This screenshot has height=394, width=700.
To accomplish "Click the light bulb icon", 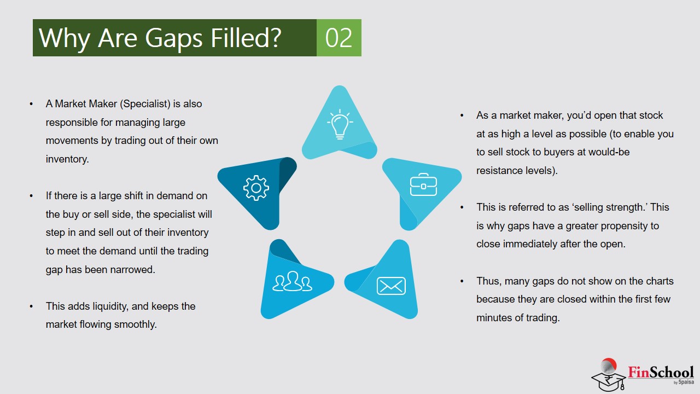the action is click(340, 124).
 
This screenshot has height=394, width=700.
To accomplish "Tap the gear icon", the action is click(256, 188).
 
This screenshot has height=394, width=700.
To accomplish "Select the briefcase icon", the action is click(423, 184).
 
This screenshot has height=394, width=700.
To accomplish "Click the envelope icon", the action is click(391, 286).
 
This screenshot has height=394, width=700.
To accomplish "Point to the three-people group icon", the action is click(293, 281).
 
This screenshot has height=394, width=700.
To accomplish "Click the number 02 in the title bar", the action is click(339, 38).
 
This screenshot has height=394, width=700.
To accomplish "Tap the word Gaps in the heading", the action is click(174, 38).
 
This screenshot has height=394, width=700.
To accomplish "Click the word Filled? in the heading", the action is click(246, 38).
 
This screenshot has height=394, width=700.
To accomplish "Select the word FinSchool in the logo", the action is click(661, 372).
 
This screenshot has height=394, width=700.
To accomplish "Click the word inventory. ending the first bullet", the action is click(67, 159).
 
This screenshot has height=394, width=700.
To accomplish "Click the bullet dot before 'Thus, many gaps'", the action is click(462, 281).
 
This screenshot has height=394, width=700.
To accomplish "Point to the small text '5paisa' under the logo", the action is click(686, 382).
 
